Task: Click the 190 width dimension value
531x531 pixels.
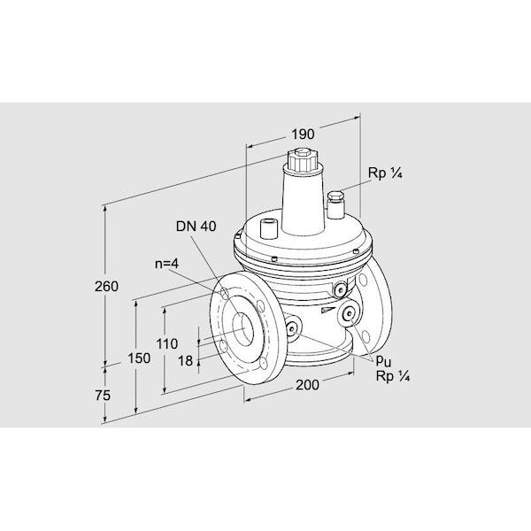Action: [303, 135]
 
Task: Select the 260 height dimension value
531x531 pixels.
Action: [106, 287]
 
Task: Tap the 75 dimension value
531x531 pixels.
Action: [103, 396]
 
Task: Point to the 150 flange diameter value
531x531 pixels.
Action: [139, 358]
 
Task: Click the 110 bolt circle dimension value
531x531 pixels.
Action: [167, 344]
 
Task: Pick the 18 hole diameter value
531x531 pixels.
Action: [185, 361]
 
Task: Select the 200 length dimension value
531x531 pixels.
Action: [307, 385]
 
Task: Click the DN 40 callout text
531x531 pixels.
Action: [196, 227]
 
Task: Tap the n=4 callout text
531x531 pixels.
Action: [166, 264]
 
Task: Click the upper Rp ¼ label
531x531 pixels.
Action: [385, 173]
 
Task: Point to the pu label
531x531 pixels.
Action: [383, 362]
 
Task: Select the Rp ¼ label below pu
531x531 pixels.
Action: [393, 376]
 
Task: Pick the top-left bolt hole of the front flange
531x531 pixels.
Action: [225, 293]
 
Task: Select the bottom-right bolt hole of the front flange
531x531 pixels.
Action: [263, 364]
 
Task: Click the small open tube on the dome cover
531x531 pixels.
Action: [268, 228]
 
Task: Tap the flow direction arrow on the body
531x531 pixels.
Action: [327, 310]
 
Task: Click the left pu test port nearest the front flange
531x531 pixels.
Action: [291, 327]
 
